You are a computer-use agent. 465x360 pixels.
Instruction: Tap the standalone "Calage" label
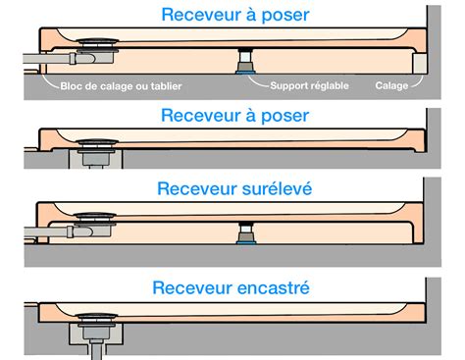tap(392, 85)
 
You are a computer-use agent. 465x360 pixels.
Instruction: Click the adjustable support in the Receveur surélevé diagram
tap(241, 232)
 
